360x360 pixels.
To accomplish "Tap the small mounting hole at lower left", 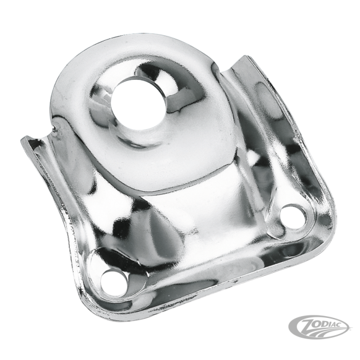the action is (114, 283).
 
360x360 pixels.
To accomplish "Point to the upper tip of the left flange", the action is (23, 140).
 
